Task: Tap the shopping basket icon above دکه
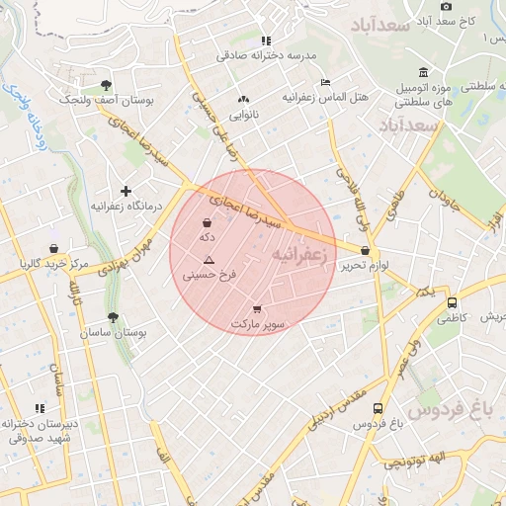point(206,222)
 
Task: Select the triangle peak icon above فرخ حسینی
point(209,259)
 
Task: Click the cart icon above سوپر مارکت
point(257,309)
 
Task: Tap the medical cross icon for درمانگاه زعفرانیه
point(126,191)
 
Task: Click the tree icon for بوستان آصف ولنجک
point(107,85)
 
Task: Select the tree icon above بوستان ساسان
point(114,318)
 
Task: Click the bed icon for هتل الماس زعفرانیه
point(325,83)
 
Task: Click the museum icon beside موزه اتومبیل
point(423,72)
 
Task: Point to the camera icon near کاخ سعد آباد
point(447,6)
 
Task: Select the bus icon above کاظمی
point(452,302)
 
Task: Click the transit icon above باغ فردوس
point(379,408)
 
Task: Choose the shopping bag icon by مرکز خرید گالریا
point(52,248)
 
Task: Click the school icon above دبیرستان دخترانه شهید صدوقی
point(40,407)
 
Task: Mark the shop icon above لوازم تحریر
point(367,251)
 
